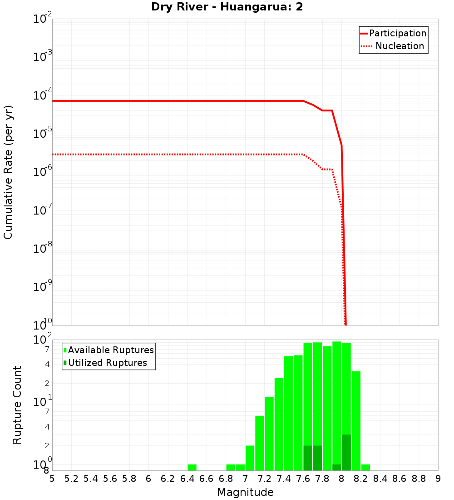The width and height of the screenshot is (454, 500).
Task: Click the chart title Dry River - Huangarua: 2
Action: click(x=227, y=7)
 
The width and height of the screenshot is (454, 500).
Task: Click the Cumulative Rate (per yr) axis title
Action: click(x=8, y=172)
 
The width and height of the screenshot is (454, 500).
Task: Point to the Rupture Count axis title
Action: click(x=17, y=405)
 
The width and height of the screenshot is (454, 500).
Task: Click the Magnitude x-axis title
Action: click(x=245, y=492)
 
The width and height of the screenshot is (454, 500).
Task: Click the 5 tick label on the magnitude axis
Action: click(x=52, y=479)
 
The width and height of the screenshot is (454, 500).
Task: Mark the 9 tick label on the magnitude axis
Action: click(x=438, y=479)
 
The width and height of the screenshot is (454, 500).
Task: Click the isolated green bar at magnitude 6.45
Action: click(x=192, y=467)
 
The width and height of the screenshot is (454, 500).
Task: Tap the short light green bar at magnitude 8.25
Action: click(x=366, y=467)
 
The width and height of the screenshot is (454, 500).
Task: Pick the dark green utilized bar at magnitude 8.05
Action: click(x=346, y=452)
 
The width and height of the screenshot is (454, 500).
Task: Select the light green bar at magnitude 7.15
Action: click(x=260, y=443)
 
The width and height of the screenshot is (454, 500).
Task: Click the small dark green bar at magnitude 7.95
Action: click(x=337, y=467)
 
